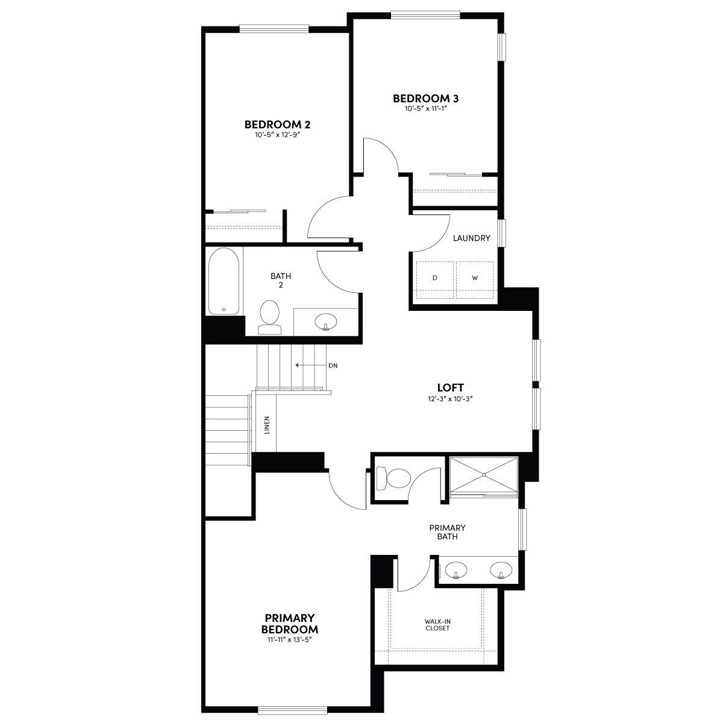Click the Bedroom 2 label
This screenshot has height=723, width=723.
277,124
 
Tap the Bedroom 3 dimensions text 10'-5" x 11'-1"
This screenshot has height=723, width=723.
425,109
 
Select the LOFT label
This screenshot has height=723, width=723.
450,387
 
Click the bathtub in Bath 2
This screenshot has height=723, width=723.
224,281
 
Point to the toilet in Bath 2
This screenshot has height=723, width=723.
269,317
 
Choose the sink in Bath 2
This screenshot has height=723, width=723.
325,322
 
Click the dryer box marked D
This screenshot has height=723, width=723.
435,280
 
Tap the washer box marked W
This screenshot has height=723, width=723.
475,280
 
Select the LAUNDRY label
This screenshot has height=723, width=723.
471,238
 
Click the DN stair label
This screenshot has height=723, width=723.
333,366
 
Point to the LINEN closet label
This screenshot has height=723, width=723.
267,425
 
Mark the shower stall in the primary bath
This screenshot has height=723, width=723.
484,475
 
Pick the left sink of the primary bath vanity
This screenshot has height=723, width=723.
456,571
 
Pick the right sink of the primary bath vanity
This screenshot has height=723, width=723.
501,571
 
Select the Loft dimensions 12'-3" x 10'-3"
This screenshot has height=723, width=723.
450,398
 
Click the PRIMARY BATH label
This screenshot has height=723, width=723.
447,532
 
